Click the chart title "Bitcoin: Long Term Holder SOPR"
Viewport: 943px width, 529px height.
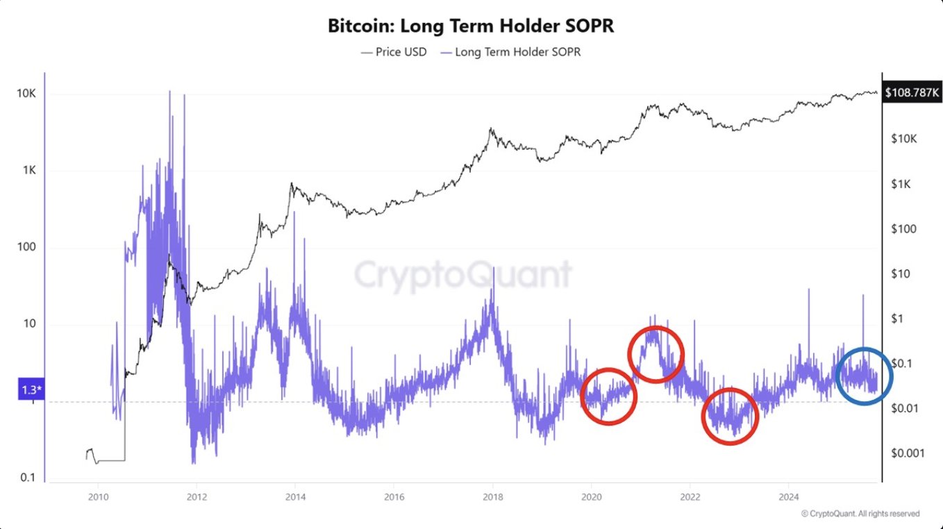pyautogui.click(x=471, y=26)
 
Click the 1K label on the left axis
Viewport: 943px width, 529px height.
pyautogui.click(x=28, y=171)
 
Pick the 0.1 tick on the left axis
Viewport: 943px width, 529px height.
pyautogui.click(x=28, y=478)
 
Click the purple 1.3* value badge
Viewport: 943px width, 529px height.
pyautogui.click(x=31, y=392)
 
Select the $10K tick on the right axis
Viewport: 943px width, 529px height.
pyautogui.click(x=903, y=139)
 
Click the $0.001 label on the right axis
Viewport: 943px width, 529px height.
pyautogui.click(x=908, y=453)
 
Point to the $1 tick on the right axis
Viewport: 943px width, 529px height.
pyautogui.click(x=898, y=319)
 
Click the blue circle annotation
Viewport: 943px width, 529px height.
pyautogui.click(x=864, y=375)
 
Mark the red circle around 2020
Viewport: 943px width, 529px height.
pyautogui.click(x=608, y=396)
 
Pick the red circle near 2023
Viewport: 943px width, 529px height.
pyautogui.click(x=729, y=416)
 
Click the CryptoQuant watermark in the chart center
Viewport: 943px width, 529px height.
pyautogui.click(x=463, y=275)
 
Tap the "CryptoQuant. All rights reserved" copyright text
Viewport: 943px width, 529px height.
pyautogui.click(x=860, y=514)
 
